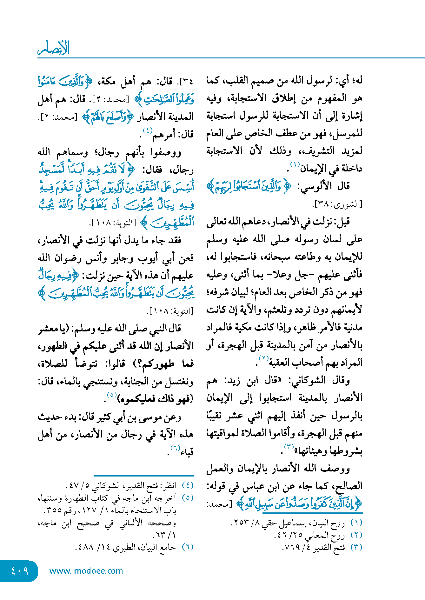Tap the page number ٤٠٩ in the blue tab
point(20,570)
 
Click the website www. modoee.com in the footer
point(86,571)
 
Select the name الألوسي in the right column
point(313,186)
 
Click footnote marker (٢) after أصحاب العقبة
point(264,358)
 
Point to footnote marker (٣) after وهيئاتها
point(289,447)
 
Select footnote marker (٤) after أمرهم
point(148,130)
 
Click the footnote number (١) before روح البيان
point(356,523)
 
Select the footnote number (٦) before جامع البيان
point(187,547)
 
